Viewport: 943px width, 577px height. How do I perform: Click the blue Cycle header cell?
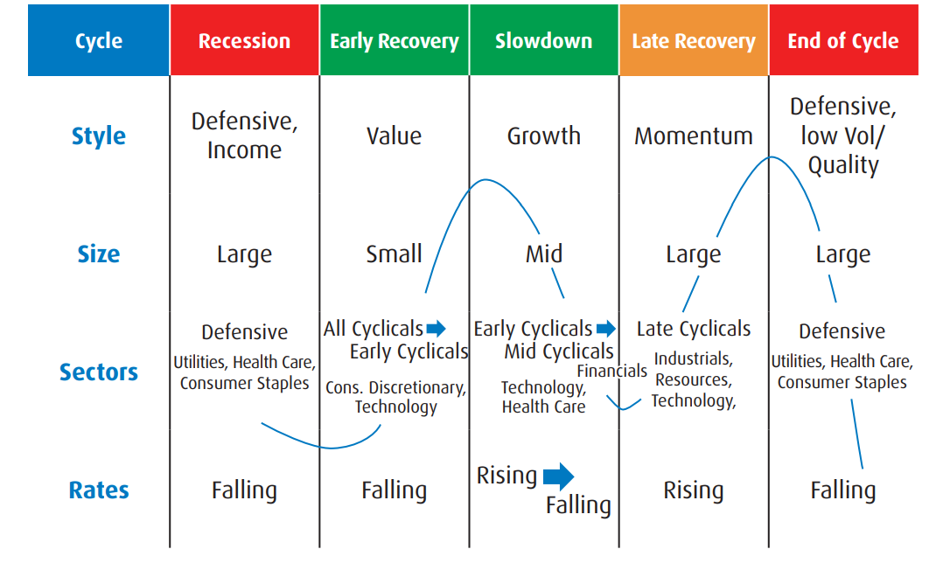click(x=99, y=40)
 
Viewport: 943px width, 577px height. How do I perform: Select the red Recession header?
click(x=244, y=40)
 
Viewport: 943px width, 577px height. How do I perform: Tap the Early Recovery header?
click(x=394, y=40)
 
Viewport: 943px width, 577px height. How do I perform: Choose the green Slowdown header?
click(x=544, y=40)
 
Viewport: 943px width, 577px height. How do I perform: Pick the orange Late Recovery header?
click(x=694, y=40)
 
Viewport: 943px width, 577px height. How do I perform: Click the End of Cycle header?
click(x=844, y=40)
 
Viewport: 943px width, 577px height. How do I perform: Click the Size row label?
click(x=99, y=254)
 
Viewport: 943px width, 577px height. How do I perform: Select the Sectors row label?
click(x=99, y=372)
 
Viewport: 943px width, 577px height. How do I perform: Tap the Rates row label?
click(x=99, y=490)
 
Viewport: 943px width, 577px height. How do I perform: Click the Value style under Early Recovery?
click(x=394, y=136)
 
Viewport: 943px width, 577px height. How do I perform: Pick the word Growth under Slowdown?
click(x=544, y=136)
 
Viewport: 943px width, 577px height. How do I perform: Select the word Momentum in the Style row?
click(x=694, y=136)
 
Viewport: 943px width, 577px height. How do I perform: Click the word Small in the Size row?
click(x=394, y=254)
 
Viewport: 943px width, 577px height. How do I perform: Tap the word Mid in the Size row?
click(x=544, y=254)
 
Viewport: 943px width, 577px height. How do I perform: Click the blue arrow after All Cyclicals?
click(x=436, y=329)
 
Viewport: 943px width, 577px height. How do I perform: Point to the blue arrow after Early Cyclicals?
click(x=606, y=329)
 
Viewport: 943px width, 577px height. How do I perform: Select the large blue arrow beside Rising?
click(x=559, y=476)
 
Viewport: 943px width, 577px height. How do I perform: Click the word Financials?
click(x=612, y=371)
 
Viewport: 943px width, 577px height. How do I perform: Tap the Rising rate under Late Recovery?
click(x=694, y=490)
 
